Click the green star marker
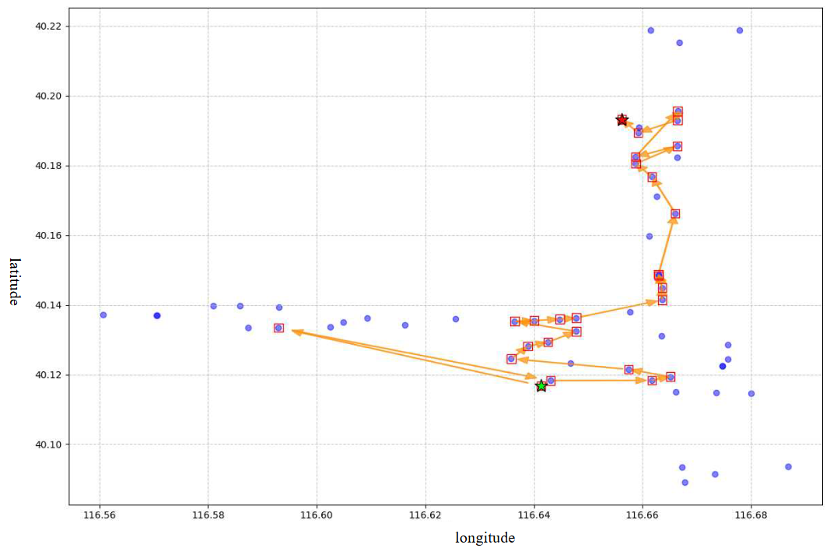pyautogui.click(x=541, y=386)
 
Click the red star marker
pyautogui.click(x=622, y=120)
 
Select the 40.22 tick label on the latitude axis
pyautogui.click(x=47, y=26)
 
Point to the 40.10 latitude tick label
pyautogui.click(x=47, y=444)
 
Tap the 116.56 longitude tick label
pyautogui.click(x=99, y=515)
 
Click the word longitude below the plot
pyautogui.click(x=485, y=538)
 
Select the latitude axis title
pyautogui.click(x=15, y=281)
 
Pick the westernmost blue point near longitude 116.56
pyautogui.click(x=103, y=315)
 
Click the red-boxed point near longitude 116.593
pyautogui.click(x=278, y=328)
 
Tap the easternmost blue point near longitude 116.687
pyautogui.click(x=788, y=467)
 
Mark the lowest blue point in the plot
pyautogui.click(x=685, y=483)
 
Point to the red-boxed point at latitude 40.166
pyautogui.click(x=675, y=214)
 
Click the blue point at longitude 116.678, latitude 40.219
pyautogui.click(x=740, y=30)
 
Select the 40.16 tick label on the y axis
pyautogui.click(x=47, y=235)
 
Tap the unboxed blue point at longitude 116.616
pyautogui.click(x=404, y=325)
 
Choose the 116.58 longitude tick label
pyautogui.click(x=208, y=515)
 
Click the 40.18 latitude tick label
pyautogui.click(x=47, y=166)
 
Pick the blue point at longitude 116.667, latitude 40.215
pyautogui.click(x=679, y=43)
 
